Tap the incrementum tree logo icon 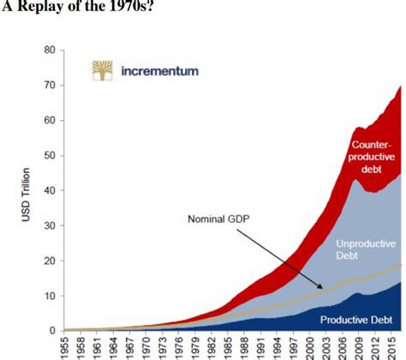tap(102, 72)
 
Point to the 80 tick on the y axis tap(50, 51)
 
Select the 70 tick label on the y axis tap(50, 86)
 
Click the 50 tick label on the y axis tap(50, 156)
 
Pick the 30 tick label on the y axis tap(50, 225)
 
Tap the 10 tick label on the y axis tap(50, 296)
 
